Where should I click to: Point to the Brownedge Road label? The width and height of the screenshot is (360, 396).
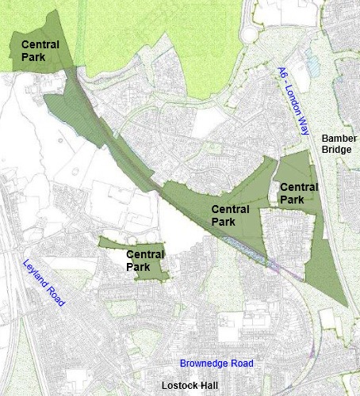coord(216,364)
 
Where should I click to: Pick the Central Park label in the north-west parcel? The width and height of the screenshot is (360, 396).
coord(39,51)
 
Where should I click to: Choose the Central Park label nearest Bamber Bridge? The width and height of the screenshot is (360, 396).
coord(298,193)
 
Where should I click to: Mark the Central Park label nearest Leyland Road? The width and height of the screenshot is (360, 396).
coord(145,261)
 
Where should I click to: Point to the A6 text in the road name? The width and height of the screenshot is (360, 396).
coord(282,75)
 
